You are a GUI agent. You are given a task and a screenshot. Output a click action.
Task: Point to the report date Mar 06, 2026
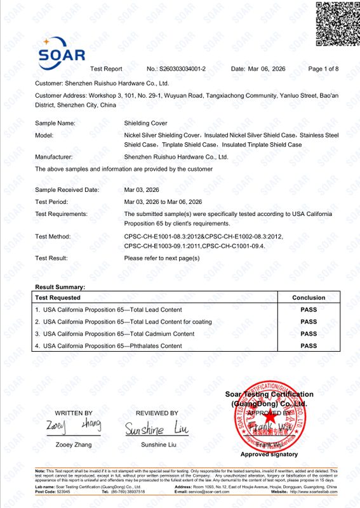click(258, 69)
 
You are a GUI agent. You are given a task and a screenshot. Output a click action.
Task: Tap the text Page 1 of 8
click(323, 69)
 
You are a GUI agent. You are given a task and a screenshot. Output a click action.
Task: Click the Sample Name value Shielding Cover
click(145, 123)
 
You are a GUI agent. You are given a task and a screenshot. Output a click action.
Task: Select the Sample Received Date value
click(145, 190)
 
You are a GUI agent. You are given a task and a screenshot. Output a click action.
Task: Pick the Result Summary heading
click(60, 287)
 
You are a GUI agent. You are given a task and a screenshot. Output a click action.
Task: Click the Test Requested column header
click(58, 297)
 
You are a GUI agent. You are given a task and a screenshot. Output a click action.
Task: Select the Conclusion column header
click(309, 297)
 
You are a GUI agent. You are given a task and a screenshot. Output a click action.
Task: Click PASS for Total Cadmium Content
click(309, 334)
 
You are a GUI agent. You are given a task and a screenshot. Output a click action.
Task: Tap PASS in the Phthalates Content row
click(309, 346)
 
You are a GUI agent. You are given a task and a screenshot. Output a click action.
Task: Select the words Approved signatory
click(269, 454)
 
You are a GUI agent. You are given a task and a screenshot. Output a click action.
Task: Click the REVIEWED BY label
click(156, 413)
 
